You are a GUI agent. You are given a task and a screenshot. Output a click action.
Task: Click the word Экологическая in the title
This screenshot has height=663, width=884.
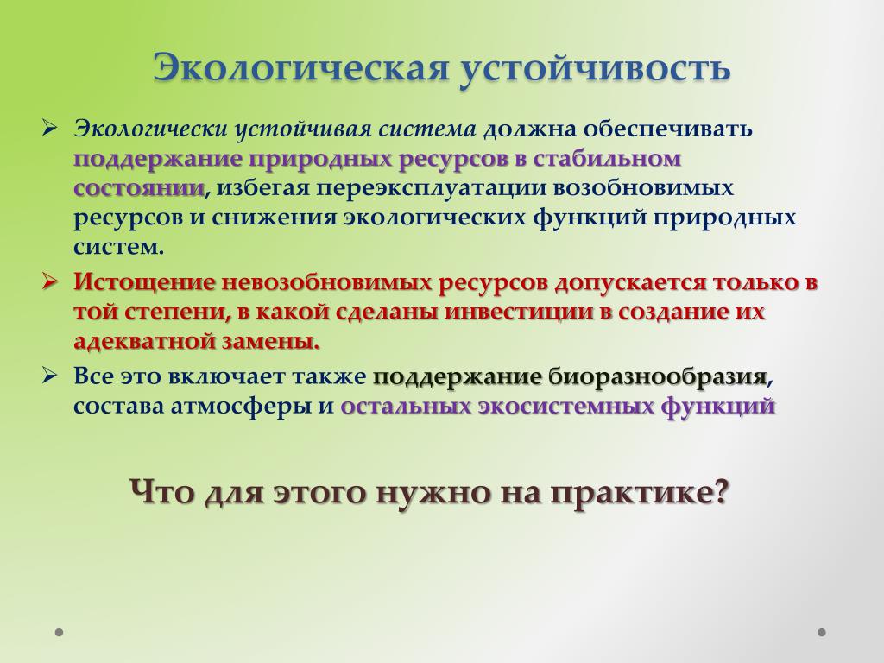tap(301, 67)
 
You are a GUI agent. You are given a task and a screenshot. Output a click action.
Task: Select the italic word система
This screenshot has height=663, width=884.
tap(427, 129)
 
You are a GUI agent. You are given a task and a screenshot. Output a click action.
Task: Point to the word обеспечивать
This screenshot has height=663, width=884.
tap(668, 129)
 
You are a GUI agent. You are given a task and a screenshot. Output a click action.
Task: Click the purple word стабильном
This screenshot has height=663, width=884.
tap(607, 159)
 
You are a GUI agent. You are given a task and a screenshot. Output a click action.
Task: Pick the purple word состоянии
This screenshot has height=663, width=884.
tap(139, 187)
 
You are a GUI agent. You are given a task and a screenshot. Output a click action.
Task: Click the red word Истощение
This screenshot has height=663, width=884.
tap(144, 282)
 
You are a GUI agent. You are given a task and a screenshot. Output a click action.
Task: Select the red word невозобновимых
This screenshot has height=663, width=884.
tap(327, 282)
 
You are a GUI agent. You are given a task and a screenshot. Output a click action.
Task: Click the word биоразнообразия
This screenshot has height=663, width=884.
tap(657, 376)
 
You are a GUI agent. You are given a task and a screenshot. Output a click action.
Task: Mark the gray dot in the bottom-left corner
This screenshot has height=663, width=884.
tap(60, 632)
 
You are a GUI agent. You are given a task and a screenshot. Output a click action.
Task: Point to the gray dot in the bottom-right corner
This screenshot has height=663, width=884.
tap(822, 632)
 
